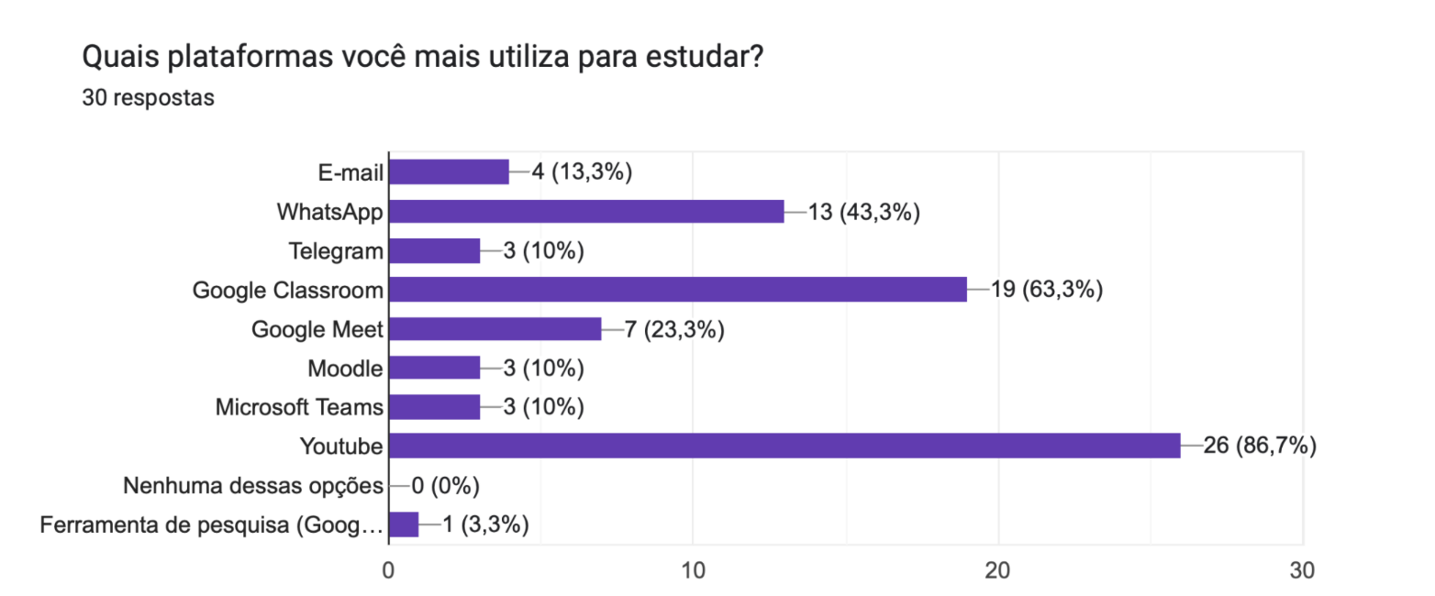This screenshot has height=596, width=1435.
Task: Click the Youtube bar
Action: point(784,447)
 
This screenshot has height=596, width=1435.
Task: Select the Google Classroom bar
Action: point(677,290)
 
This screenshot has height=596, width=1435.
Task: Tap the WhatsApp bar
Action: point(586,212)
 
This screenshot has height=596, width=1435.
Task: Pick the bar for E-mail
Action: point(449,172)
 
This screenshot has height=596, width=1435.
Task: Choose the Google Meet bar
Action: point(495,329)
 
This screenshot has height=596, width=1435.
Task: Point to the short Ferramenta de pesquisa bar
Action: point(404,524)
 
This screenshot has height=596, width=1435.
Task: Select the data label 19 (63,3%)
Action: point(1046,290)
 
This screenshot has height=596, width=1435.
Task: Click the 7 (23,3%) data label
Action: point(674,329)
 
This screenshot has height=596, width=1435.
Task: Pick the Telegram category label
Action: point(335,251)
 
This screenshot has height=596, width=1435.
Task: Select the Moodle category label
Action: point(345,369)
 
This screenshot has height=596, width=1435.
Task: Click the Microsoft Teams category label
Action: point(299,407)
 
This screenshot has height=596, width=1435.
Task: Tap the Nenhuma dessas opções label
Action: point(252,485)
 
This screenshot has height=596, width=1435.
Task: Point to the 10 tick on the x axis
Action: point(693,569)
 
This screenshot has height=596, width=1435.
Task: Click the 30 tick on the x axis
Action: point(1301,569)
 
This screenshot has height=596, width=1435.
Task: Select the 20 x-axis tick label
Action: point(997,569)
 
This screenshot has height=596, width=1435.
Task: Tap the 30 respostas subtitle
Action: point(148,98)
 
